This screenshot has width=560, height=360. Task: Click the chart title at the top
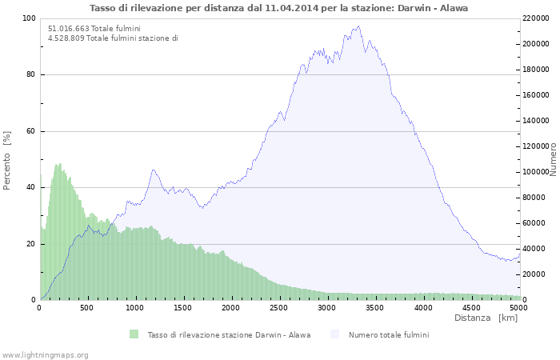(279, 8)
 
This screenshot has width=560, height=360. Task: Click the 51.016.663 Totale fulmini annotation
(94, 29)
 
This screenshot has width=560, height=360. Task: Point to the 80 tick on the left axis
(30, 75)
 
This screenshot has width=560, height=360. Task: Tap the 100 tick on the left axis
(28, 18)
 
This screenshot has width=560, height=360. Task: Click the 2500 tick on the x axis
(279, 307)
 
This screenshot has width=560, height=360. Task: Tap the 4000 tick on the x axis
(422, 307)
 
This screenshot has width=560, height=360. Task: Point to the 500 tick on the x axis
(88, 307)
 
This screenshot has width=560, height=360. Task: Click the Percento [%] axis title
(7, 160)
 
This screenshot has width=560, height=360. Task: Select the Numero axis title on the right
(553, 160)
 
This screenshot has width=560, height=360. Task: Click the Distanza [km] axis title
(486, 318)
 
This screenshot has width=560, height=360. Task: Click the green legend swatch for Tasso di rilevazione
(133, 334)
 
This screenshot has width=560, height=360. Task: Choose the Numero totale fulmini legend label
(388, 334)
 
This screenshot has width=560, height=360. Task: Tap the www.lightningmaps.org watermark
(45, 354)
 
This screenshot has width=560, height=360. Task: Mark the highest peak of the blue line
(359, 26)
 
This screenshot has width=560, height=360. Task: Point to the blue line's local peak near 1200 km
(153, 170)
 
